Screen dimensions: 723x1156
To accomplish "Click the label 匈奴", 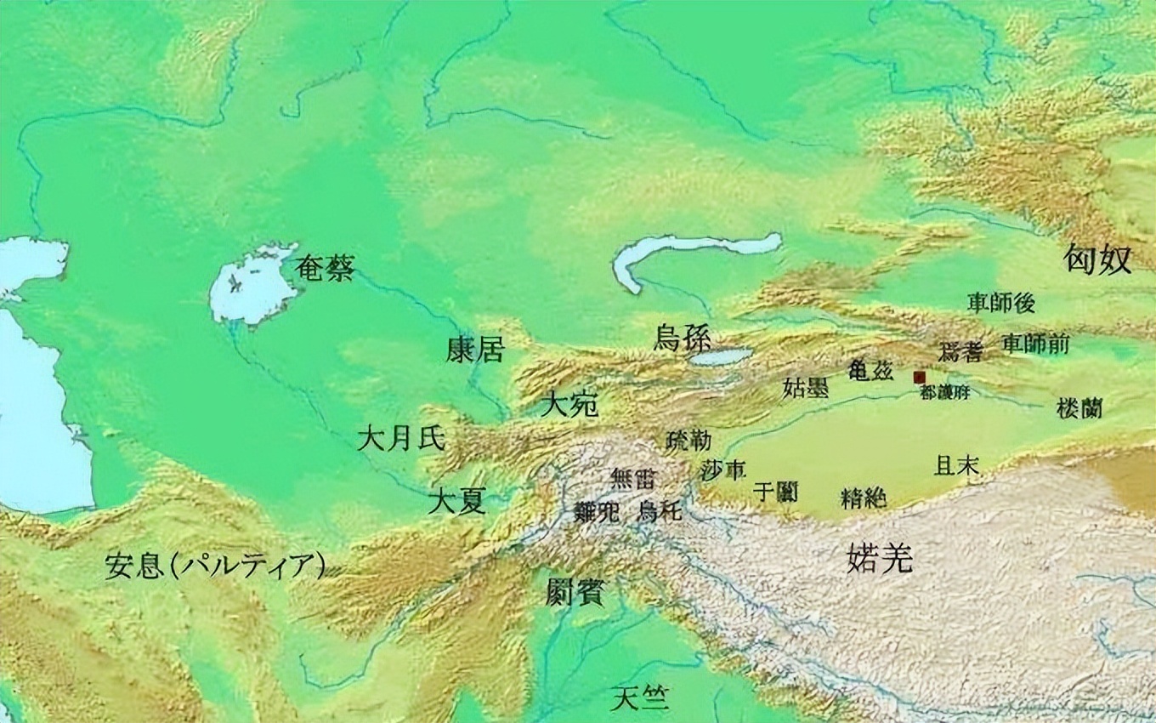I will [1098, 260].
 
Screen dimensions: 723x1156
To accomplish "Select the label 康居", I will [475, 349].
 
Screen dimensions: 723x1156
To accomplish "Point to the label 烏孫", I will [683, 337].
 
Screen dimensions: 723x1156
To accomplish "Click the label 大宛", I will [569, 403].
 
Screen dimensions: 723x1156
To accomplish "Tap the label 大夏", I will [456, 500].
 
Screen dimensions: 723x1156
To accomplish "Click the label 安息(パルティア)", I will [216, 566].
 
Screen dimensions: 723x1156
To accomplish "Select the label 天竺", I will [639, 699].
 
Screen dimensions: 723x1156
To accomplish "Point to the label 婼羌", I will [880, 559].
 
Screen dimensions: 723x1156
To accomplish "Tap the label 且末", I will [956, 464].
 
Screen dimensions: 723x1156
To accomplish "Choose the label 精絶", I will [863, 497].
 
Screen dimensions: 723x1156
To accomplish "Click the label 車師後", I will [1001, 302].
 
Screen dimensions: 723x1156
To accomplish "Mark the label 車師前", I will [1034, 344].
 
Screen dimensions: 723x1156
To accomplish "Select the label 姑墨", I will [805, 388].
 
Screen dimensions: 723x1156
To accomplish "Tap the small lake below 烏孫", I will [721, 356].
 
